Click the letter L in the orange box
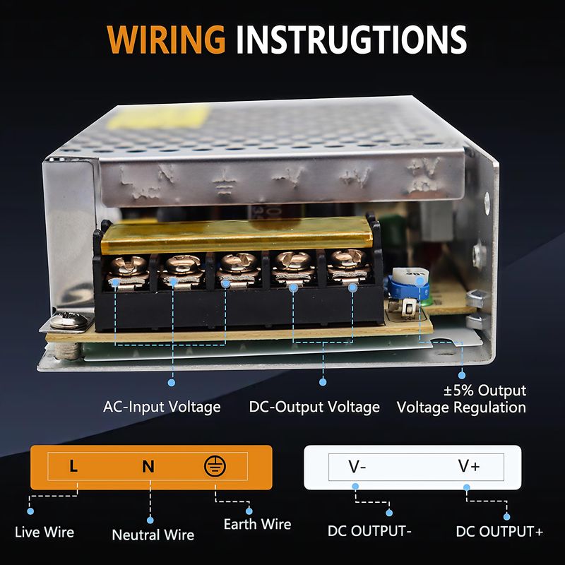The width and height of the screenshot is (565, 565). pos(73,466)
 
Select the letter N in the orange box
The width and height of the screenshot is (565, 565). pos(148,466)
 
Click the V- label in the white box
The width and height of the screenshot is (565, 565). pos(357,466)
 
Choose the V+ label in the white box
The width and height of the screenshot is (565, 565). pos(469,466)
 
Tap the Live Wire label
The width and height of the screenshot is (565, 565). pos(44,532)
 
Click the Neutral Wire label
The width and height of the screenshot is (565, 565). pos(153,535)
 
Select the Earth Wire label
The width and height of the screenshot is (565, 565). pos(257,524)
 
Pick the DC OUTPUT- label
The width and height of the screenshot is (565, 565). pos(369,532)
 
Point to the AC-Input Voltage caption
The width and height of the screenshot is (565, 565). pos(162,407)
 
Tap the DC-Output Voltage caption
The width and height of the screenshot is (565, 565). pos(314,407)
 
